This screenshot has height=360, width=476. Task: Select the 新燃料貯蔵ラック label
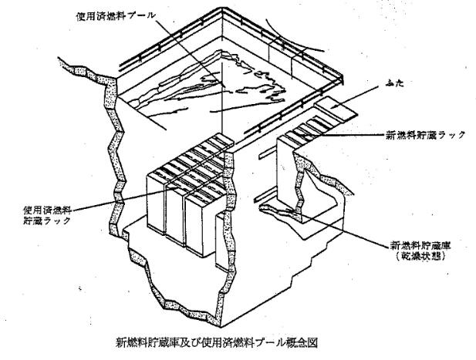point(426,135)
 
